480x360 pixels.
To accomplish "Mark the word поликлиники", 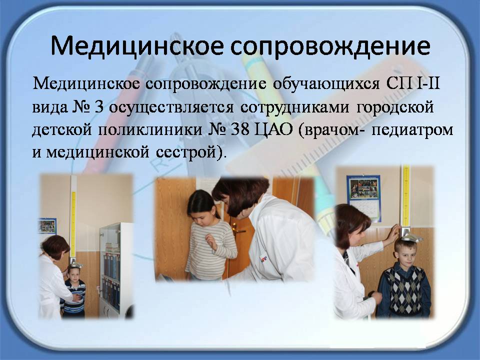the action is pos(150,130).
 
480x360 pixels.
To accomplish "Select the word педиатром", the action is pos(412,130).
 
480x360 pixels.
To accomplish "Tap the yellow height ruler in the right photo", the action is pos(406,196).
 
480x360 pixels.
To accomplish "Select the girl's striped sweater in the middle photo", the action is pos(211,247).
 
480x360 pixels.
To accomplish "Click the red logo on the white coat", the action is pos(263,259).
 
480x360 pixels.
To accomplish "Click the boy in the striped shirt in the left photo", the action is pos(74,291).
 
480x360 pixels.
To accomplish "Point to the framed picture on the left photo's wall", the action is pos(47,226).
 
